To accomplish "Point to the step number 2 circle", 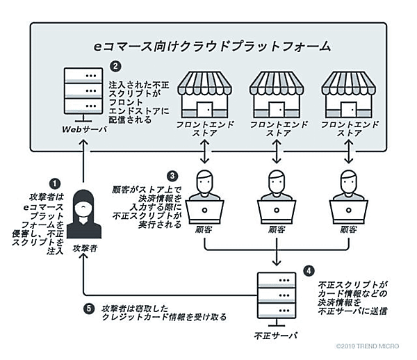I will [115, 67].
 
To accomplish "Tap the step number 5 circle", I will [89, 308].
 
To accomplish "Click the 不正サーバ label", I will [276, 336].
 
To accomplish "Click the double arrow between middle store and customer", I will [277, 150].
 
